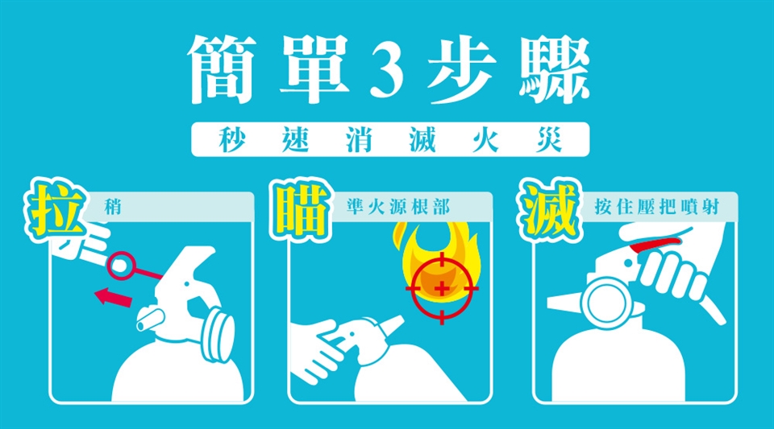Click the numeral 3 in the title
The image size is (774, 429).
[x=387, y=70]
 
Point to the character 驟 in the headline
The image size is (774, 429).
[x=556, y=69]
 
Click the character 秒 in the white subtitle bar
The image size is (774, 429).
[x=232, y=139]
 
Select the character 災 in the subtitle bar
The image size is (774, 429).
[x=549, y=139]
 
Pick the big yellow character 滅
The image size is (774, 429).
[x=549, y=210]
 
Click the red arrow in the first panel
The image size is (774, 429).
[x=114, y=298]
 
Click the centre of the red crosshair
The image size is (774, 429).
[x=442, y=288]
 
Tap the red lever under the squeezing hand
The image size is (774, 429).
[x=655, y=243]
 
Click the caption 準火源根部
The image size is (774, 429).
[x=397, y=208]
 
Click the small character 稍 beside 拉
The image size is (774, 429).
[x=113, y=208]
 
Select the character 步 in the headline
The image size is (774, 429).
[x=462, y=69]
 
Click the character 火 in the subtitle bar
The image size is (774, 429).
[x=485, y=139]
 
